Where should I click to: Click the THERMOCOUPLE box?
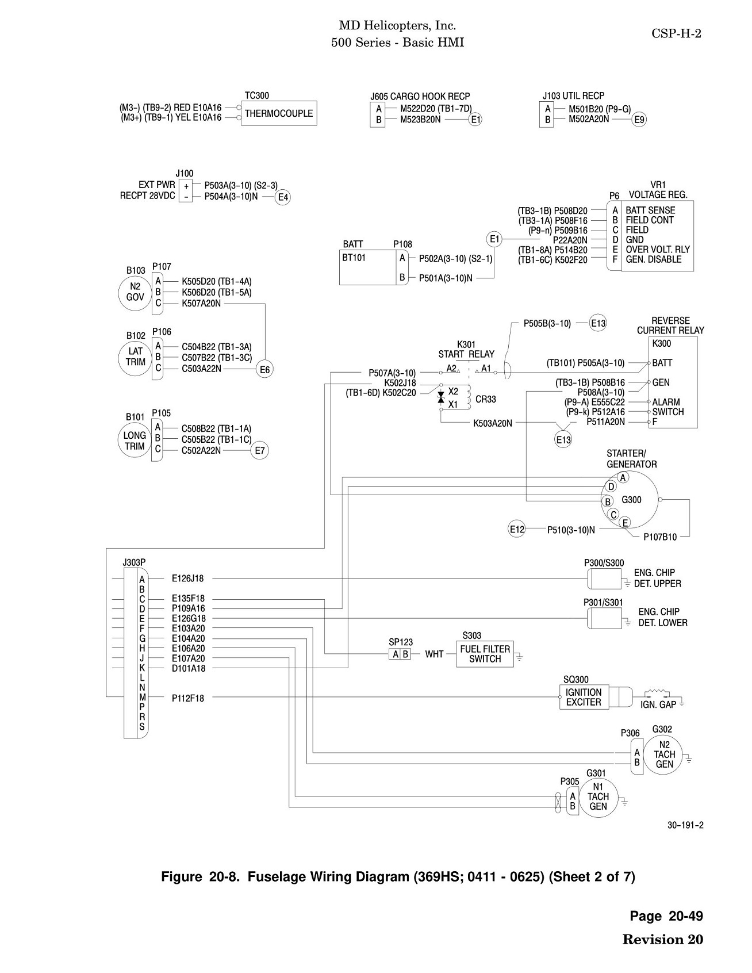[279, 113]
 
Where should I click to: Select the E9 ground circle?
[639, 120]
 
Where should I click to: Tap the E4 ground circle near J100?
[283, 198]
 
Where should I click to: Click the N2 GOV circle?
[135, 292]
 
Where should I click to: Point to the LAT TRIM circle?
[135, 357]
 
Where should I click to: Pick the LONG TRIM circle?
[135, 440]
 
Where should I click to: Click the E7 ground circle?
[260, 451]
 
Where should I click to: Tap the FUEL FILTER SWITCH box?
[485, 654]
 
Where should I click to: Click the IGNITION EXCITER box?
[584, 697]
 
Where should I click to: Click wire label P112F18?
[188, 698]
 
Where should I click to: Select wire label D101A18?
[189, 668]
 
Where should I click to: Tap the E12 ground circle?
[517, 529]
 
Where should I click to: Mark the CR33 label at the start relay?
[486, 399]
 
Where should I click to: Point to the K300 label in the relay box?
[662, 344]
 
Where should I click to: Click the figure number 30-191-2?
[685, 825]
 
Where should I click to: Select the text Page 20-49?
[666, 916]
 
